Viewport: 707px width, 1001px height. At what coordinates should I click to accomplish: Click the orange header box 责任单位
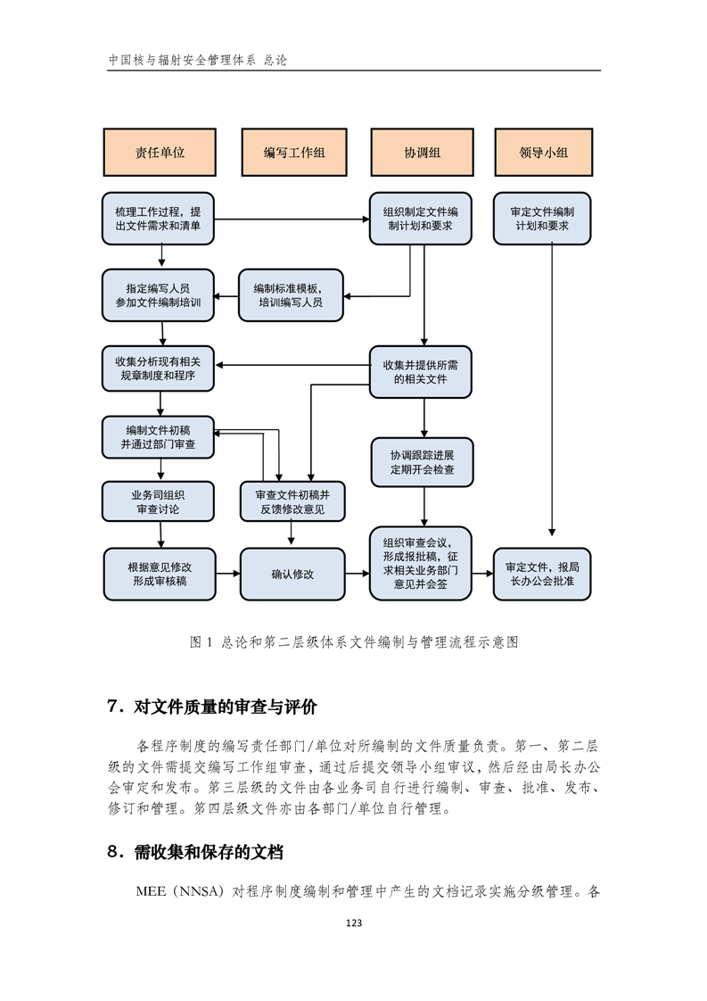(160, 152)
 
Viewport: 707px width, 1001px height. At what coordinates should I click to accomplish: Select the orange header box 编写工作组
(294, 152)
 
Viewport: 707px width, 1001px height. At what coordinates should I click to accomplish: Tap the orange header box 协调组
(423, 152)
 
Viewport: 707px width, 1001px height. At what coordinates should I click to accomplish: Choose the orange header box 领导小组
(544, 152)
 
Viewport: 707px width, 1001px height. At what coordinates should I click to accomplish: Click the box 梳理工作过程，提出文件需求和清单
(158, 219)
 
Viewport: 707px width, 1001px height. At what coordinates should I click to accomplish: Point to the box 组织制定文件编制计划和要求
(421, 219)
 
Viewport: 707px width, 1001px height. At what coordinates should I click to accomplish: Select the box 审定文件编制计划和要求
(542, 219)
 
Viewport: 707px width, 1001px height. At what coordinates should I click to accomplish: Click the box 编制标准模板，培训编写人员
(291, 295)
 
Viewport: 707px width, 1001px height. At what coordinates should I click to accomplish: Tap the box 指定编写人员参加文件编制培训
(158, 295)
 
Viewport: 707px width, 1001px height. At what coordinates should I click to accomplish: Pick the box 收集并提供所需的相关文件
(421, 371)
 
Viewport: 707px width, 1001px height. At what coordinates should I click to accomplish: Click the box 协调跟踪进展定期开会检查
(423, 462)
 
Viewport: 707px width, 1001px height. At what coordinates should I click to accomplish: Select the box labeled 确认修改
(292, 574)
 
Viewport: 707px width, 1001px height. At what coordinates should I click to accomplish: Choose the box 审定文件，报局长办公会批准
(542, 574)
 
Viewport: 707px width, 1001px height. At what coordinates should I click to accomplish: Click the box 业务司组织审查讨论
(158, 501)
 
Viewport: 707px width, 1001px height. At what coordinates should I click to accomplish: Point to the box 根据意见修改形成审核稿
(160, 574)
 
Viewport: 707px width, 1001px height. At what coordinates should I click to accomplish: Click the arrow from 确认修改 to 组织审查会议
(358, 574)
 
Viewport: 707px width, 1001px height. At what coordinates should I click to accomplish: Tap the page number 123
(353, 922)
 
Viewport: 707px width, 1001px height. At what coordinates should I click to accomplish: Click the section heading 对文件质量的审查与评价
(226, 707)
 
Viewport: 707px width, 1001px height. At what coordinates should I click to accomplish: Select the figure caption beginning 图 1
(353, 642)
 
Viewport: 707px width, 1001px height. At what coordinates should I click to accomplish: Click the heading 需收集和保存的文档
(209, 852)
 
